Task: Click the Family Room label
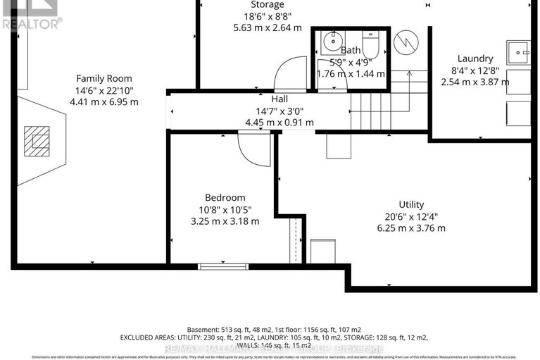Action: (x=104, y=78)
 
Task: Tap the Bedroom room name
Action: (x=225, y=197)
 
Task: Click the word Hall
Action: (x=279, y=99)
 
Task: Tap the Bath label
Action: (x=351, y=51)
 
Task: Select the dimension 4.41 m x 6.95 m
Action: (x=104, y=101)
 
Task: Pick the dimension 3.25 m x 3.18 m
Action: (x=225, y=221)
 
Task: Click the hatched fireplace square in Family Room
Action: (x=37, y=140)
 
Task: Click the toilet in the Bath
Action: (x=370, y=43)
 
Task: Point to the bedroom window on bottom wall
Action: (x=213, y=266)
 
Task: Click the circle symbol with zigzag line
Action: (x=405, y=44)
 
